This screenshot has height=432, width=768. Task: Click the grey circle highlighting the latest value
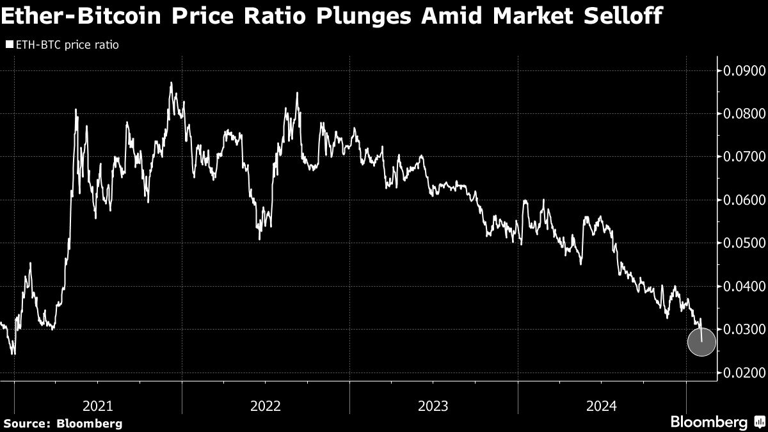tap(701, 342)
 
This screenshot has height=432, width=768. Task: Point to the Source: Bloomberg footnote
tap(62, 423)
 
